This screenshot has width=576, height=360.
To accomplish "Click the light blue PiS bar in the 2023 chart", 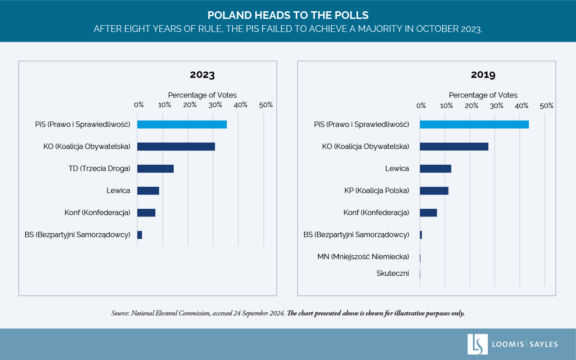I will (182, 125).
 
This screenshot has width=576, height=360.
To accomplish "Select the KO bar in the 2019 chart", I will (454, 147).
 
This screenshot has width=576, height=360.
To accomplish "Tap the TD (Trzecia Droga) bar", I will (155, 169).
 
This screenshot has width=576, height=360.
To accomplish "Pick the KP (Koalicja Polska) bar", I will (434, 191).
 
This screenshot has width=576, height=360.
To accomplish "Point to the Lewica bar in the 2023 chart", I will (148, 191).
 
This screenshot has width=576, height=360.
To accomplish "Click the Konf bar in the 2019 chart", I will (428, 213).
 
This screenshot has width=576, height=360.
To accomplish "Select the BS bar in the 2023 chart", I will (139, 235).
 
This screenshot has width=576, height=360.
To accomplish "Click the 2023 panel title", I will (202, 75).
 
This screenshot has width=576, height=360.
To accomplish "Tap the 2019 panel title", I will (483, 75).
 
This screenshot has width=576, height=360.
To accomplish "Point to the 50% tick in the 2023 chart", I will (266, 105).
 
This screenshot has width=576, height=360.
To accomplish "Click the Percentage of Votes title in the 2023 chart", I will (202, 95).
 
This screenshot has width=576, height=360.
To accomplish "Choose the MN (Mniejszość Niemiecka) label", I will (363, 257).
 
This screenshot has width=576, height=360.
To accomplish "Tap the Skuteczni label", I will (392, 273).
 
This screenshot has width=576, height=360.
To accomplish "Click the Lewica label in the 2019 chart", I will (397, 169).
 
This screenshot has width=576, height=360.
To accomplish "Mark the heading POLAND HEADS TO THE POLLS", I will (288, 15).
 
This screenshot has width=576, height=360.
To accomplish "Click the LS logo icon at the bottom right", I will (477, 344).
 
